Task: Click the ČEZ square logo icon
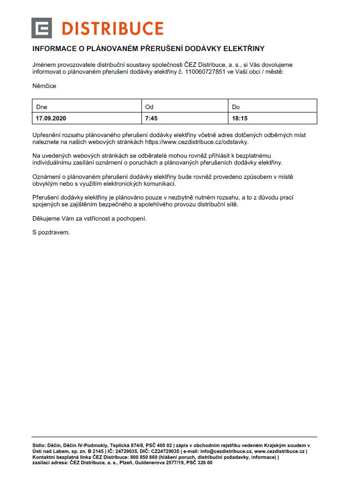tap(42, 28)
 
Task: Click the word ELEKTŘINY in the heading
tap(244, 49)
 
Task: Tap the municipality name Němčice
tap(44, 86)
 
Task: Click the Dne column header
tap(42, 107)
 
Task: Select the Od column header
tap(149, 107)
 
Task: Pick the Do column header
tap(236, 107)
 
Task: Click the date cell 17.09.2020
tap(51, 118)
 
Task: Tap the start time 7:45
tap(151, 118)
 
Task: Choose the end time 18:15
tap(240, 118)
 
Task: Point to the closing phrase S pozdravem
tap(51, 232)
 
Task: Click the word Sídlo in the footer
tap(38, 445)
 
